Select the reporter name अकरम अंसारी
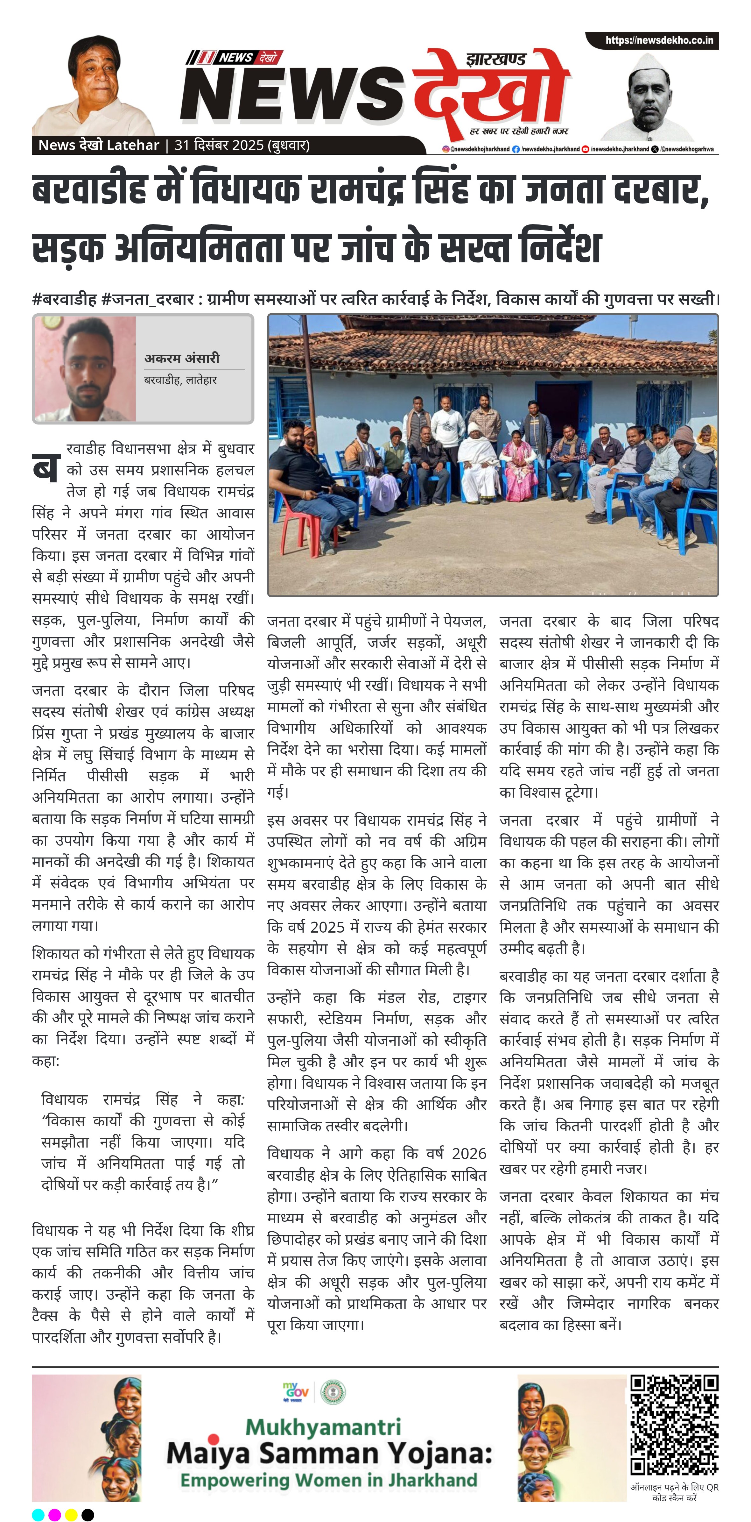pyautogui.click(x=182, y=358)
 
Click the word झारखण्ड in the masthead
pyautogui.click(x=495, y=59)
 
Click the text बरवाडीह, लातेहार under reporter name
pyautogui.click(x=181, y=380)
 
